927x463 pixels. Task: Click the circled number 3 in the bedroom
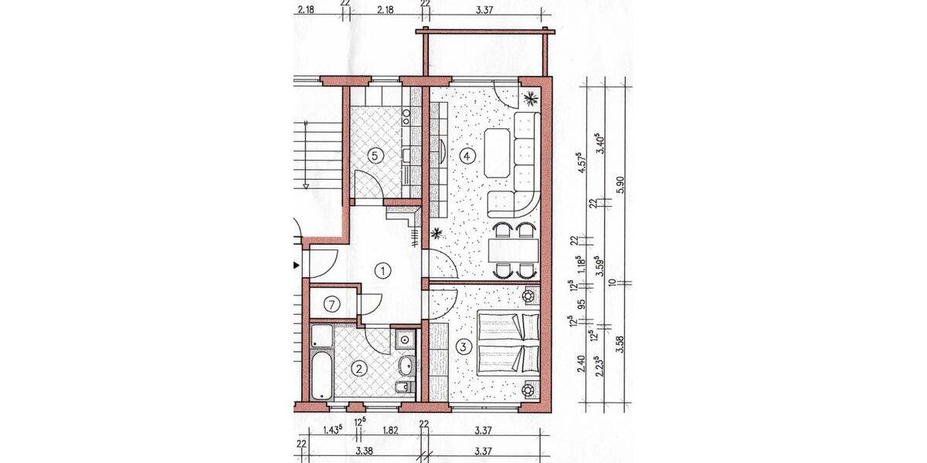(463, 347)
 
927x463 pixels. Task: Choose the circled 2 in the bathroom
(358, 369)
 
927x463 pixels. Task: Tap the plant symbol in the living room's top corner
(531, 98)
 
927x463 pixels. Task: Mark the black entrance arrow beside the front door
(294, 265)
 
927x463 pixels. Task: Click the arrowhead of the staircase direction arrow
(307, 185)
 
